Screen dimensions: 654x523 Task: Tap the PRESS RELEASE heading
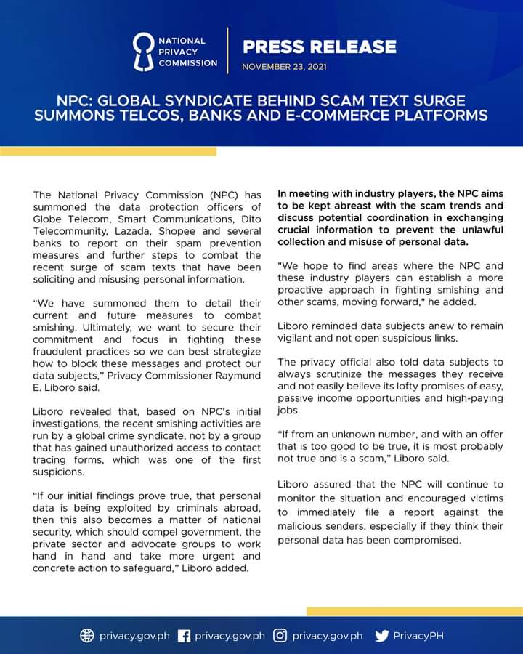(x=320, y=47)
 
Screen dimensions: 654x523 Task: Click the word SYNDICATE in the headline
(x=208, y=100)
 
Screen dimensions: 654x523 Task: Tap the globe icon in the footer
(x=87, y=636)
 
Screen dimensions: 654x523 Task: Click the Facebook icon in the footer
(x=184, y=636)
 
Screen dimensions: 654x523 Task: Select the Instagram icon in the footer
(x=280, y=636)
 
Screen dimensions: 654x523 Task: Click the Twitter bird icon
(x=382, y=636)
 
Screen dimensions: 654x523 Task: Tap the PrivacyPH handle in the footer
(x=418, y=636)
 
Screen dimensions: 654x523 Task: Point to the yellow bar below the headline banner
(x=108, y=151)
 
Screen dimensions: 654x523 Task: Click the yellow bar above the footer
(x=414, y=612)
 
